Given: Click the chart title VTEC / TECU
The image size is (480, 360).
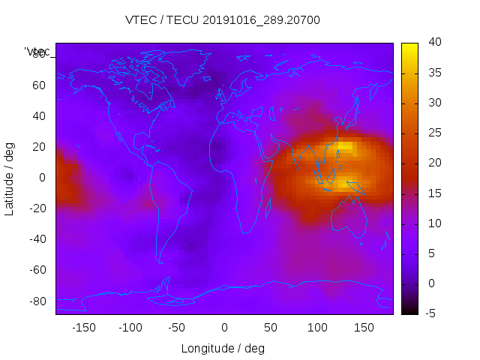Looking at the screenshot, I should pos(223,20).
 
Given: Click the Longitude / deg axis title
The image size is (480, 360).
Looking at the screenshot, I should pos(223,349).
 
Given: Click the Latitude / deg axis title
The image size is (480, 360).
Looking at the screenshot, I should pos(10,177).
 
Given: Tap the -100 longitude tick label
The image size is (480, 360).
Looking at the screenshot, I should pos(130,328).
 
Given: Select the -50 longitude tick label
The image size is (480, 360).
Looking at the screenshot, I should pos(177,328).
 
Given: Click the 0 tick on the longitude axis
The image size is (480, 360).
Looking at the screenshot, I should pos(224,328).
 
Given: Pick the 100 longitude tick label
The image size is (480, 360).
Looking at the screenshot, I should pos(317,328).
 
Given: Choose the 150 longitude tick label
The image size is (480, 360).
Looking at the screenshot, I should pos(364,328).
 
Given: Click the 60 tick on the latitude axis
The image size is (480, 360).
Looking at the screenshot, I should pos(39,85).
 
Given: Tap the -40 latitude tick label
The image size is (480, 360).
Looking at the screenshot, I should pos(37,239).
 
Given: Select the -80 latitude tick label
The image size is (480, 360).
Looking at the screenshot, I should pos(37,301).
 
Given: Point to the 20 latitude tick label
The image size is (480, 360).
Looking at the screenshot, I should pos(39,146).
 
